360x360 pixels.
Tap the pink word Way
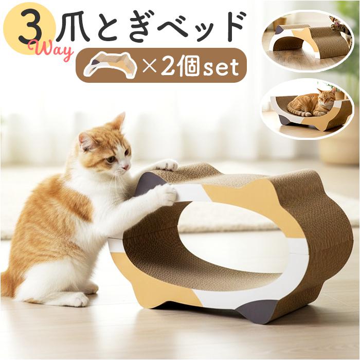pos(53,51)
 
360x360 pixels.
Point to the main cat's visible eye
pos(110,159)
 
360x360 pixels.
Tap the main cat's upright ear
pos(118,122)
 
